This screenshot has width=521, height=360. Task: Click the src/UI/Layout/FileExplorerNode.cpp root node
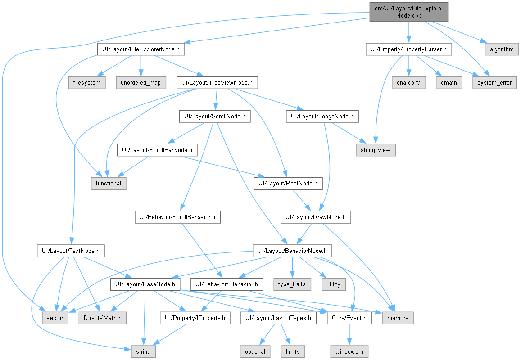click(409, 12)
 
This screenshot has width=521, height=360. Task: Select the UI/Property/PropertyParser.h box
click(409, 49)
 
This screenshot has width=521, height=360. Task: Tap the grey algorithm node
click(502, 49)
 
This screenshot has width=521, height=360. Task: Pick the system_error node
click(494, 83)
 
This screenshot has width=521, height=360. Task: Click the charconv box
click(408, 83)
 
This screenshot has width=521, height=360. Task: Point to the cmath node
click(449, 83)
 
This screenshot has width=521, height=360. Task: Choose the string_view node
click(376, 150)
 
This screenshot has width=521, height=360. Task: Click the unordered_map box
click(140, 83)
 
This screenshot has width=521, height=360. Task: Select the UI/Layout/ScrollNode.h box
click(215, 116)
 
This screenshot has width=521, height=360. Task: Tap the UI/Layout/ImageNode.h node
click(322, 116)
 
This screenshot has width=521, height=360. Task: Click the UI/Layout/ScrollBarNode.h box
click(157, 150)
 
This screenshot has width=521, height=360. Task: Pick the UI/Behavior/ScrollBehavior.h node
click(177, 217)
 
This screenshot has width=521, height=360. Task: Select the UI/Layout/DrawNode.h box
click(316, 217)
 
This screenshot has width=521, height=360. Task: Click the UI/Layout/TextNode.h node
click(71, 251)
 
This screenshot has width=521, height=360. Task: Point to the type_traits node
click(292, 284)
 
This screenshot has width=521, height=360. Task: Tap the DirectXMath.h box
click(103, 318)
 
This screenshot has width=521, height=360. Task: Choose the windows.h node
click(349, 351)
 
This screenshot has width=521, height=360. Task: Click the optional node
click(255, 351)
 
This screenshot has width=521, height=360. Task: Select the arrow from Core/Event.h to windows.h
click(349, 334)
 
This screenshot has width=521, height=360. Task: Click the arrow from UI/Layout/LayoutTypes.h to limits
click(285, 334)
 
